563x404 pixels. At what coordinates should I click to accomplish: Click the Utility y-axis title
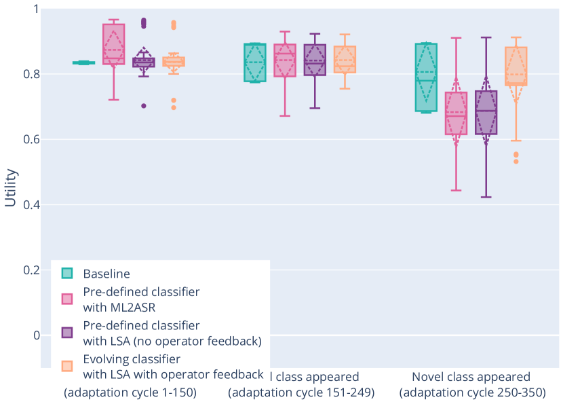click(10, 187)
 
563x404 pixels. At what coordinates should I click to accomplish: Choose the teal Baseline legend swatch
click(68, 274)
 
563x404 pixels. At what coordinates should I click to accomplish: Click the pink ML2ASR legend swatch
click(68, 299)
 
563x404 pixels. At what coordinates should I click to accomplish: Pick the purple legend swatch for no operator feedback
click(68, 333)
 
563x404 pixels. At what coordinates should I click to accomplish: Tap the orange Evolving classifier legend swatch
click(68, 366)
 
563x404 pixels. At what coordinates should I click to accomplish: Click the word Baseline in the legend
click(106, 274)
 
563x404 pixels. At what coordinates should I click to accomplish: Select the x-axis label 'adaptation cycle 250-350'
click(471, 392)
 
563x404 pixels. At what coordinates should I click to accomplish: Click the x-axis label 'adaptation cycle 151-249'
click(301, 392)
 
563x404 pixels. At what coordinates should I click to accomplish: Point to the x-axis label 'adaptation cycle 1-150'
click(130, 392)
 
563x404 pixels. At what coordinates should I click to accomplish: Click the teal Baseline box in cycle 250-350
click(426, 77)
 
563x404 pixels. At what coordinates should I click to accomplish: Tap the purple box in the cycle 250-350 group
click(486, 113)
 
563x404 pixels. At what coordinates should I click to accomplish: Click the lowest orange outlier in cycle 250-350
click(516, 162)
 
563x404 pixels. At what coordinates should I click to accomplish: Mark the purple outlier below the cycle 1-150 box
click(144, 106)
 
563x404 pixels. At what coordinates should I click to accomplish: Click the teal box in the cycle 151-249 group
click(255, 62)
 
